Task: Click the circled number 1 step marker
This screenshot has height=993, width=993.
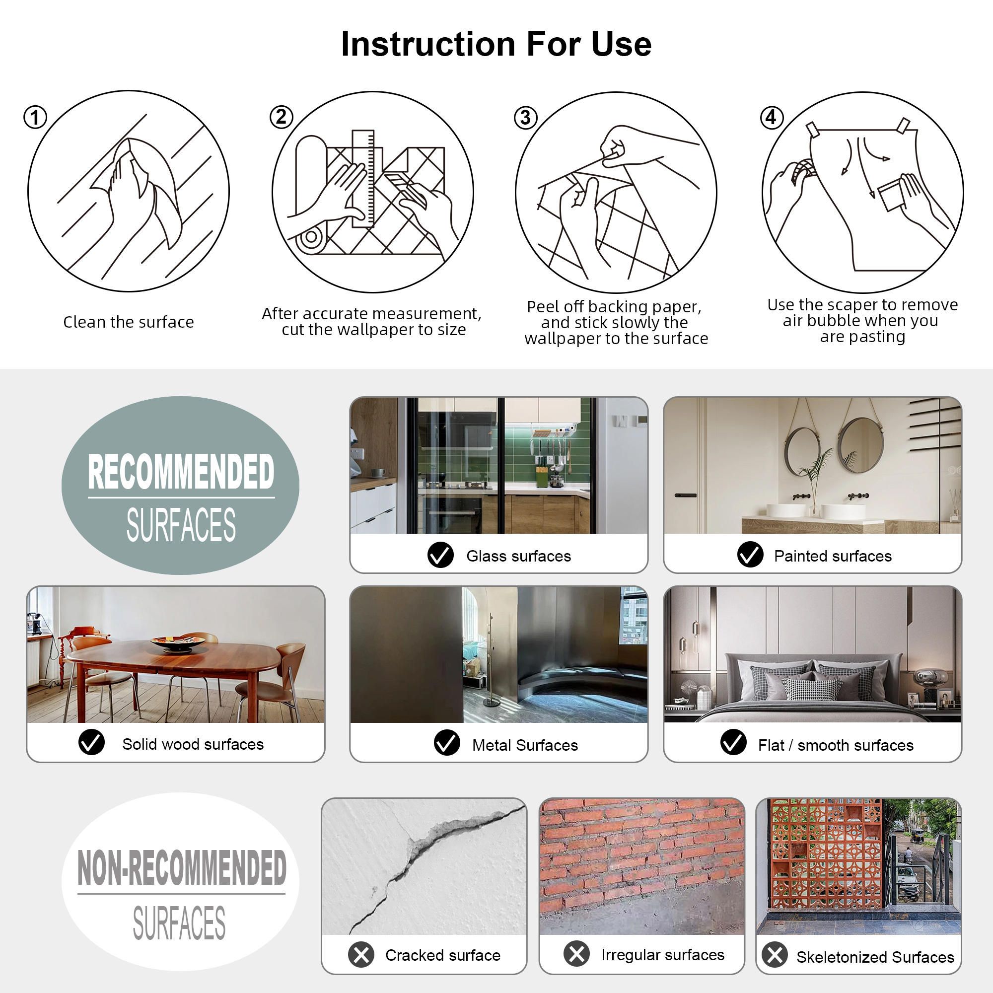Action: (35, 118)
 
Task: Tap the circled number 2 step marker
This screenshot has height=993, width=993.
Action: (281, 117)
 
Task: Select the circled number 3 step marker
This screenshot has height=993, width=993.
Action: (525, 118)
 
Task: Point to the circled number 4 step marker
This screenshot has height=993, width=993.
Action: (772, 118)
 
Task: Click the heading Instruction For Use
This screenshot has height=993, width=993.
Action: (496, 44)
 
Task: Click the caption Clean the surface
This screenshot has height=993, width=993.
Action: (129, 322)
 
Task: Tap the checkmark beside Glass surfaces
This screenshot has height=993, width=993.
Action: (440, 555)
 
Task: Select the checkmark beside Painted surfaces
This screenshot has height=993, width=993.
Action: (750, 555)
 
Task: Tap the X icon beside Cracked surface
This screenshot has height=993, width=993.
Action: (361, 955)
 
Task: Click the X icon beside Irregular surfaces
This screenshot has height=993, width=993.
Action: (576, 954)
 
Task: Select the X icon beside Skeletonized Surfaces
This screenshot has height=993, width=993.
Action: (775, 955)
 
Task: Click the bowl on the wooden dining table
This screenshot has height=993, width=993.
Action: (178, 642)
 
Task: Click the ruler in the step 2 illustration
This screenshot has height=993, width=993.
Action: (363, 178)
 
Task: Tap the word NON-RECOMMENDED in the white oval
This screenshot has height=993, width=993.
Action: (181, 868)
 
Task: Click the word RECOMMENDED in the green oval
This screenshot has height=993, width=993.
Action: (181, 472)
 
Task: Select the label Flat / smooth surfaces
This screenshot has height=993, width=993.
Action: (836, 745)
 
